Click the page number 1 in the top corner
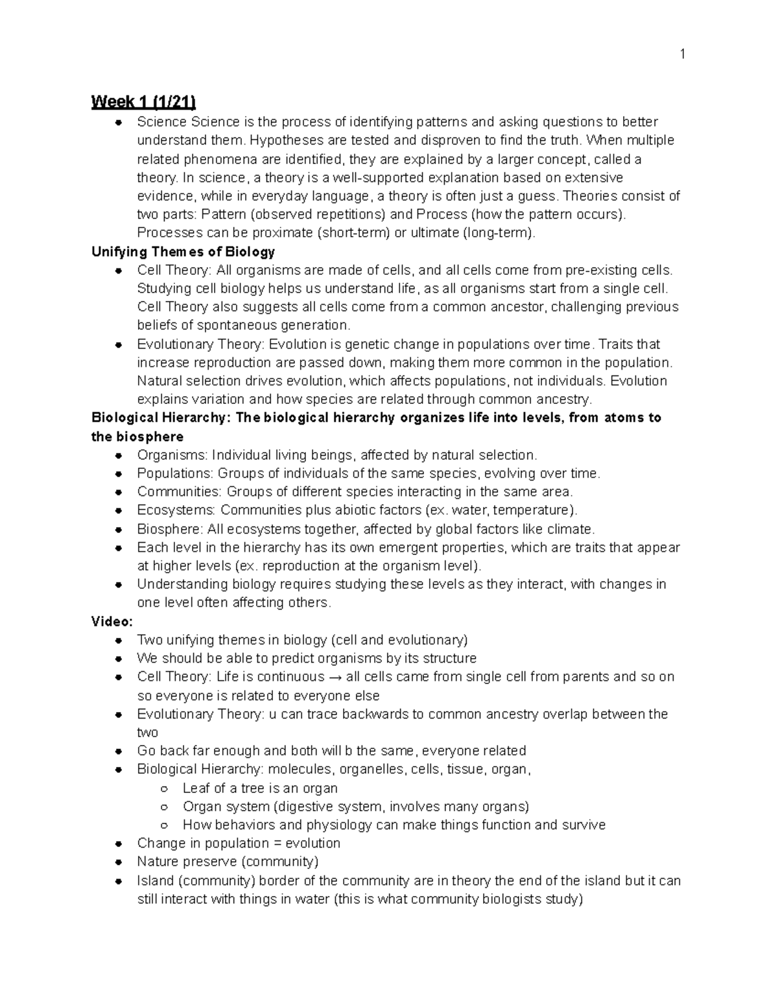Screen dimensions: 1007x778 (682, 55)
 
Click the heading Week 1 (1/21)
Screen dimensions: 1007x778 (143, 102)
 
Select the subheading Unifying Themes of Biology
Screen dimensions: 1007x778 (183, 252)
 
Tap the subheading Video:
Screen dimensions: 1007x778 (112, 621)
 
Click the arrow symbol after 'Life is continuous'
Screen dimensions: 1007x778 (335, 677)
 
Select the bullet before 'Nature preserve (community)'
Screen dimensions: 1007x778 (119, 862)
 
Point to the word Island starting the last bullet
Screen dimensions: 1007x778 (155, 881)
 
